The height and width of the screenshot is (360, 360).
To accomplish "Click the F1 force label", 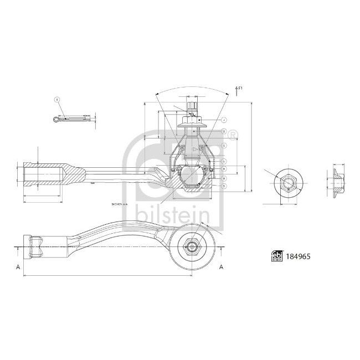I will click(x=241, y=88).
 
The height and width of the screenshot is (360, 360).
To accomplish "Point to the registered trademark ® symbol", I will click(x=233, y=134).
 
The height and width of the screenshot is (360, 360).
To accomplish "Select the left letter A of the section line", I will click(x=19, y=267).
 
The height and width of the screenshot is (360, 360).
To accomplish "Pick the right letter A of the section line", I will click(x=222, y=267).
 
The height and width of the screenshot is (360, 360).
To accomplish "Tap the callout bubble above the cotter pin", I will click(x=56, y=100).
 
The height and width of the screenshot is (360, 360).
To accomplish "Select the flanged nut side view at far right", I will click(x=337, y=180).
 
